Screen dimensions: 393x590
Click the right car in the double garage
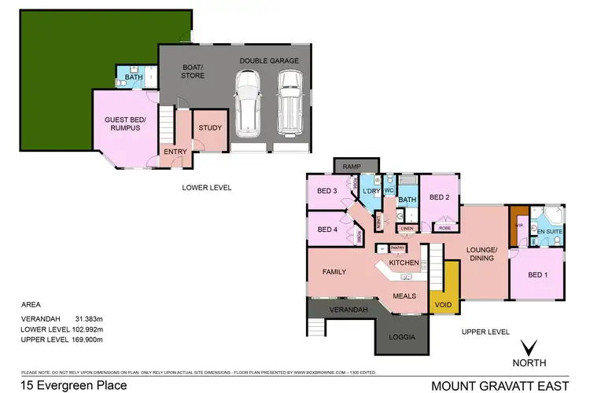pos(289,101)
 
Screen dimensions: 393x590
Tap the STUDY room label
pos(210,127)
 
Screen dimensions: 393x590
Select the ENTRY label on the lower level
pos(174,152)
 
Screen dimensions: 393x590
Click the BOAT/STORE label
pos(193,71)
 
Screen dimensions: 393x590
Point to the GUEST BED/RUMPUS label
pos(122,124)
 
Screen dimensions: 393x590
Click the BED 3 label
pos(327,191)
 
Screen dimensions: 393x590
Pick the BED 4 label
pos(327,230)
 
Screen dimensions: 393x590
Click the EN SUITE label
pos(548,231)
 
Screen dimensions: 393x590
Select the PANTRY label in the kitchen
pos(397,248)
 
